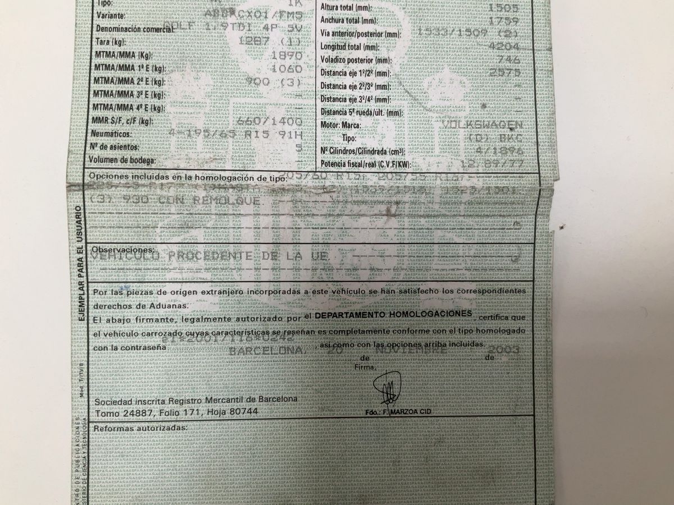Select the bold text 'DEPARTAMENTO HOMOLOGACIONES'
coord(393,314)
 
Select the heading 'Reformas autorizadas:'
coord(140,428)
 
